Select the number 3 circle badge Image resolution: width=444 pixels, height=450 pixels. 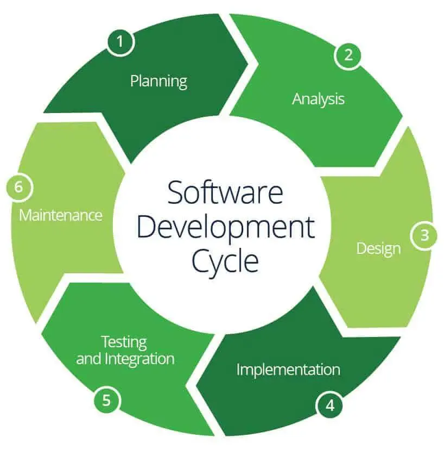point(424,236)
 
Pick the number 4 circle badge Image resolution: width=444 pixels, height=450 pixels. point(329,405)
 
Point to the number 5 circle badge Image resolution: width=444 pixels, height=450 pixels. point(106,401)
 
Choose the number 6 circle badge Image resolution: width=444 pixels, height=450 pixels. point(19,187)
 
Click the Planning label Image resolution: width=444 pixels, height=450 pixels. point(158,82)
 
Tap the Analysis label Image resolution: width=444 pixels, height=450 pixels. point(318,99)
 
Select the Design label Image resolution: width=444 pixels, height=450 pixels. point(378,248)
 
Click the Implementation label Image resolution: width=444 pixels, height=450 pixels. point(288,370)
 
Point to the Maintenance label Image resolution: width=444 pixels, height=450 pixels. point(61,215)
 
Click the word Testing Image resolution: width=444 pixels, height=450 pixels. point(124,342)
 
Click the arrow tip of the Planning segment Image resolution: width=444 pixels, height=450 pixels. point(247,64)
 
